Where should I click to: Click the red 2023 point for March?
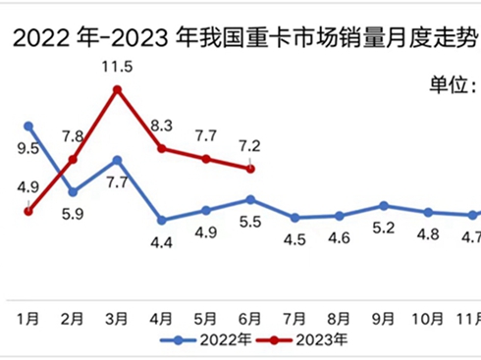(x=117, y=89)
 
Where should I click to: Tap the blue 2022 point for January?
(x=28, y=126)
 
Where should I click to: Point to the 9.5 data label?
(x=28, y=148)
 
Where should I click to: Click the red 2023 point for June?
(x=250, y=169)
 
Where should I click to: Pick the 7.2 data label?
(x=249, y=145)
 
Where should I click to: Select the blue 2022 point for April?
(x=162, y=220)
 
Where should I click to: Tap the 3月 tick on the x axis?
(x=117, y=318)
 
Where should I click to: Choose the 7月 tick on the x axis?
(x=294, y=318)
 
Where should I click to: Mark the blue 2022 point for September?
(x=384, y=206)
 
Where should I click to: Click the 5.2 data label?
(x=384, y=229)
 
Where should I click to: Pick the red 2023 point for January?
(x=28, y=210)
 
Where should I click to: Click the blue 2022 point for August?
(x=340, y=216)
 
